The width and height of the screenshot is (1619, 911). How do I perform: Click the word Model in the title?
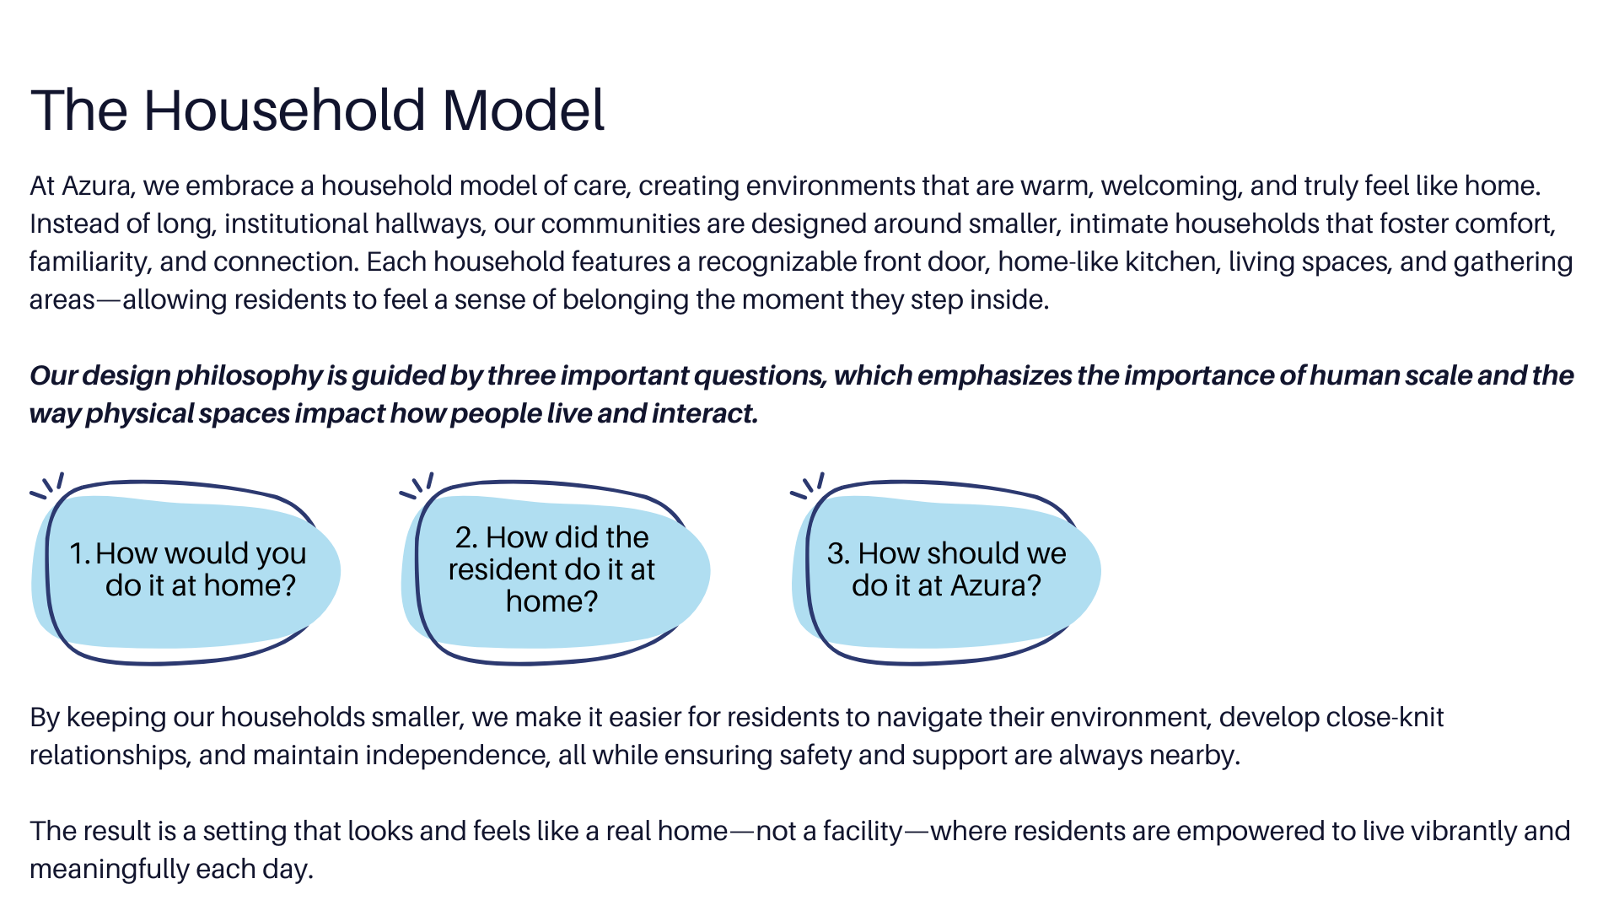(x=523, y=111)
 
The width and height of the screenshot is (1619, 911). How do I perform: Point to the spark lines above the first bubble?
(x=48, y=485)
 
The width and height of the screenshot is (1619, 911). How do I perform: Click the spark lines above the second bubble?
(x=417, y=485)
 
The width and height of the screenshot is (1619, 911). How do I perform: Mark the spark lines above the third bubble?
(x=808, y=485)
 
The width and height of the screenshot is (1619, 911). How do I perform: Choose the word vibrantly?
(x=1451, y=832)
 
